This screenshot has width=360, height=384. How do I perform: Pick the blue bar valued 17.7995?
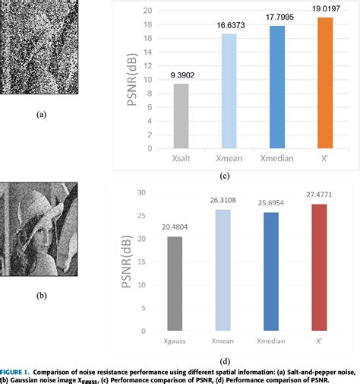point(277,87)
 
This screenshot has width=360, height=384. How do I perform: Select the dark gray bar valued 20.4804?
point(175,283)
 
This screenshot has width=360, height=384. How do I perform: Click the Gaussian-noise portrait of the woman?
point(41,228)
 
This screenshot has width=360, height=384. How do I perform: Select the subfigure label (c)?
point(245,176)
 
